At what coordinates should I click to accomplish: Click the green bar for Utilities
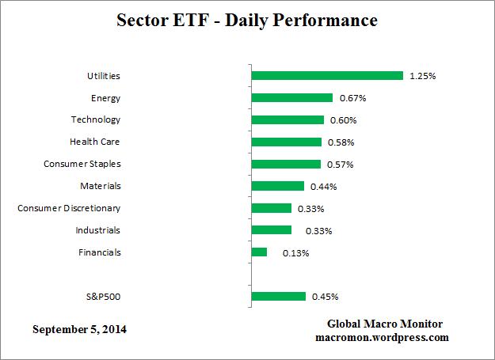[327, 76]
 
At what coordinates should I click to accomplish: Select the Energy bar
[291, 98]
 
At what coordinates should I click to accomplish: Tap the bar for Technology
[287, 120]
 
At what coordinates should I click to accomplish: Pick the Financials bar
[259, 252]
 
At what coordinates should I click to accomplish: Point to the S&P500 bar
[278, 297]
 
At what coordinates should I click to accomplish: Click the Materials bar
[277, 186]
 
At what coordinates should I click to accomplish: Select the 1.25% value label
[423, 76]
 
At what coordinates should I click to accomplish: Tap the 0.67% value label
[352, 98]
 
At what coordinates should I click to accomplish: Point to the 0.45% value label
[326, 297]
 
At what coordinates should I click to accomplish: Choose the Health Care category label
[95, 142]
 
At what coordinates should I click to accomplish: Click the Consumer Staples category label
[82, 164]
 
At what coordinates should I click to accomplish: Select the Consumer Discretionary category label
[69, 208]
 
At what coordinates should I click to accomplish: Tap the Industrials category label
[97, 230]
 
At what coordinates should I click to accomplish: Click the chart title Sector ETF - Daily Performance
[247, 20]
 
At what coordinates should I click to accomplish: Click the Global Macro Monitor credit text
[385, 324]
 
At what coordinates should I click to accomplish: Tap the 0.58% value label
[341, 142]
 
